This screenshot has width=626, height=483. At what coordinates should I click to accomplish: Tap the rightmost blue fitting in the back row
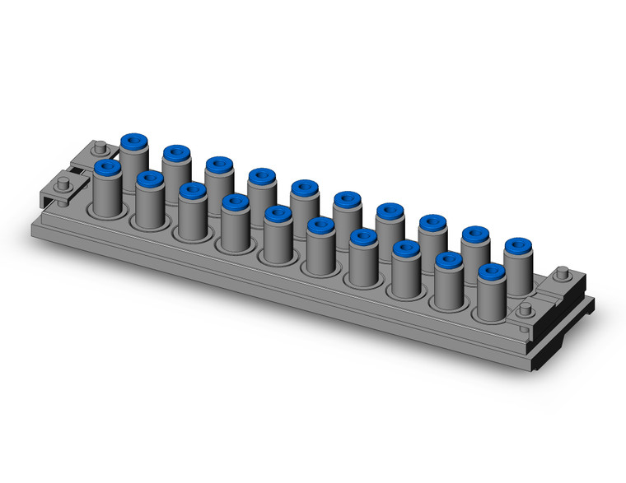click(x=516, y=244)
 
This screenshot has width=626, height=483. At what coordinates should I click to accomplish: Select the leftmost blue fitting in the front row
click(x=105, y=168)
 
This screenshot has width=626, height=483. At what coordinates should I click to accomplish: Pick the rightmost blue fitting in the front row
click(x=491, y=271)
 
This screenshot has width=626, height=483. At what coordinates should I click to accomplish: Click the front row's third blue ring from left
click(x=191, y=191)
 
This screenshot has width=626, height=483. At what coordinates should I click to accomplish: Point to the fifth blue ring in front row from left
click(x=277, y=213)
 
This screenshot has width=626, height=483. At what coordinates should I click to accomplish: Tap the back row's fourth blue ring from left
click(x=260, y=175)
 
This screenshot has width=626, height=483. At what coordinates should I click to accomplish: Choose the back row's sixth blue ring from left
click(x=346, y=198)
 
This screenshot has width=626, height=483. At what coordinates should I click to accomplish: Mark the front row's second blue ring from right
click(x=448, y=259)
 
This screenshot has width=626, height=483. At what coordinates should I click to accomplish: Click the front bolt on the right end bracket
click(x=525, y=310)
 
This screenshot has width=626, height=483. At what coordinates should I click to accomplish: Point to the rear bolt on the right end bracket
click(x=563, y=274)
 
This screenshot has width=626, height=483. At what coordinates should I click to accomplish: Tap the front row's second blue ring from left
click(x=148, y=179)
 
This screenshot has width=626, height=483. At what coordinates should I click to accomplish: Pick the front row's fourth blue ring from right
click(x=362, y=236)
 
